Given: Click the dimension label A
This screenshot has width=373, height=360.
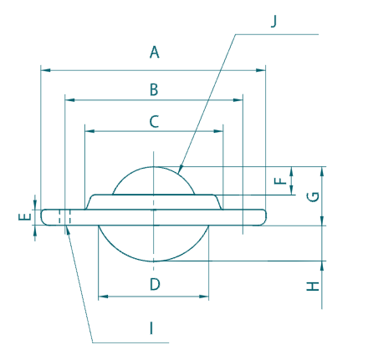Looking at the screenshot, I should point(154,53).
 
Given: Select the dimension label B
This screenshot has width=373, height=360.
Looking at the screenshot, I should point(154,88).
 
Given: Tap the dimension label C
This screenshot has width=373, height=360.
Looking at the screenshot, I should point(154,121).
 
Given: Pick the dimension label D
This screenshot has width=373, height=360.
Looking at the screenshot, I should point(154,284).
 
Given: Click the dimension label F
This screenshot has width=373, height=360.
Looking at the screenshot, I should point(281,178).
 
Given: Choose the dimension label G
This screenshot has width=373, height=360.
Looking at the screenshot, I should point(312,196).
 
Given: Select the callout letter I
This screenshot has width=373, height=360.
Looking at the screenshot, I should point(151,328).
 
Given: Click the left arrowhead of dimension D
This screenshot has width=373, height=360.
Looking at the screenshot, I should point(102,296).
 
